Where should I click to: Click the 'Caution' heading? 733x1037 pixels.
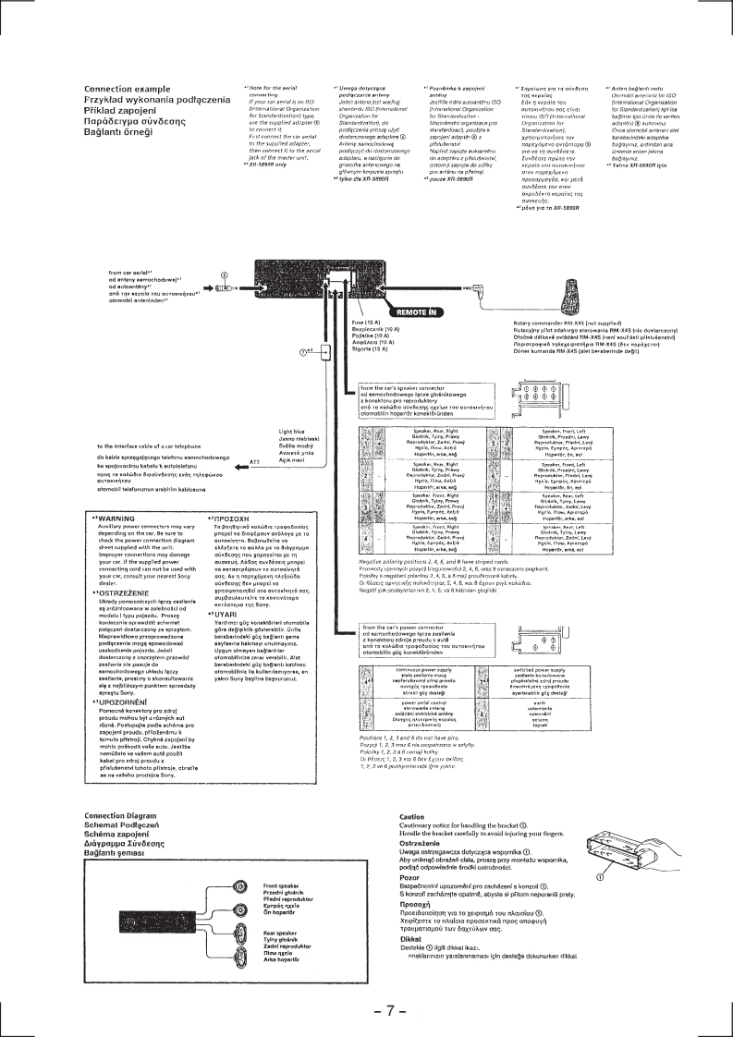pyautogui.click(x=411, y=791)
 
